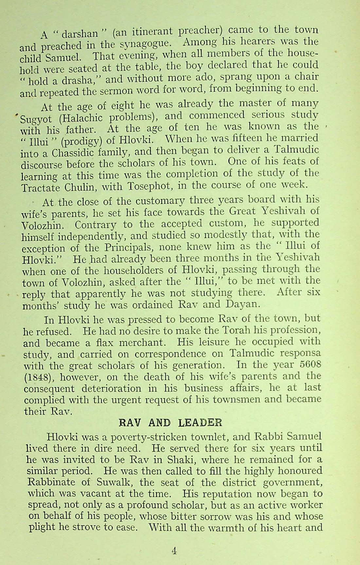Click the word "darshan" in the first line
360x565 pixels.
[80, 33]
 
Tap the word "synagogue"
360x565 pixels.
[141, 43]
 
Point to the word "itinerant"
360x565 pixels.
[153, 32]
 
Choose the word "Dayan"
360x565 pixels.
[243, 304]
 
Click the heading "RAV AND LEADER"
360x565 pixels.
[170, 423]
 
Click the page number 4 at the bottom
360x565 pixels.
[174, 551]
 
